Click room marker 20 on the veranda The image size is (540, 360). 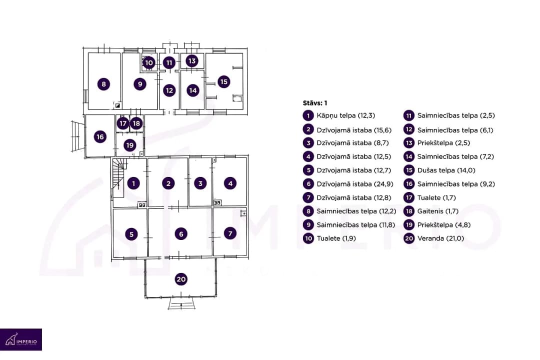tap(181, 279)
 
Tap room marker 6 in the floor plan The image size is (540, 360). tap(181, 234)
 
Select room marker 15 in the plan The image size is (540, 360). tap(224, 81)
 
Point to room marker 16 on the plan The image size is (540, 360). tap(100, 137)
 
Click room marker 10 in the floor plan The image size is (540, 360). tap(149, 62)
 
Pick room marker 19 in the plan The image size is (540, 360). tap(130, 145)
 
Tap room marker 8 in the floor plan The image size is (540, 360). tap(103, 83)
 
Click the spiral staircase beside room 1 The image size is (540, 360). tap(118, 178)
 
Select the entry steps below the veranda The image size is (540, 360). tap(181, 303)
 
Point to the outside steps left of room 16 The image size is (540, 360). tap(78, 136)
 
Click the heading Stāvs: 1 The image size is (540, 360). tap(315, 103)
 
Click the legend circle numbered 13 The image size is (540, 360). tap(409, 143)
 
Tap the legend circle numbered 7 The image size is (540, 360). tap(308, 197)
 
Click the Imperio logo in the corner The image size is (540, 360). tap(21, 339)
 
